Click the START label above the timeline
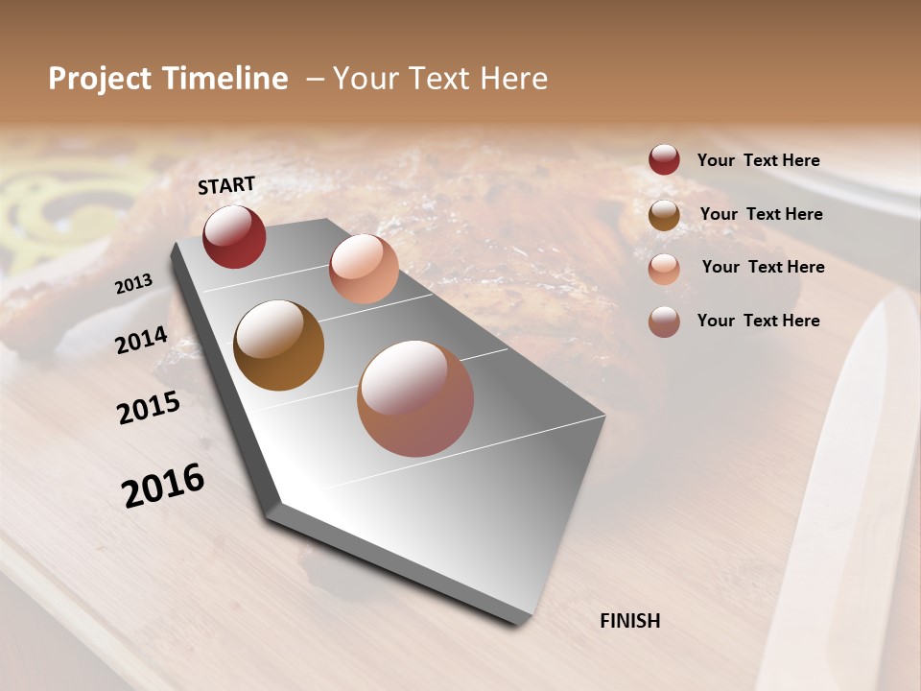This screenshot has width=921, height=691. tap(226, 185)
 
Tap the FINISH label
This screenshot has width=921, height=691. tap(629, 621)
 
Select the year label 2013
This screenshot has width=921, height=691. tap(133, 284)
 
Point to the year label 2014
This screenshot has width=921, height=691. tap(141, 341)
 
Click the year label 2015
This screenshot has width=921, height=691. tap(149, 408)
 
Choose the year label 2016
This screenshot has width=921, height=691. tap(163, 486)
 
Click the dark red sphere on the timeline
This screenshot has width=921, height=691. tap(234, 237)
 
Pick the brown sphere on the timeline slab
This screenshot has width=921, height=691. tap(278, 345)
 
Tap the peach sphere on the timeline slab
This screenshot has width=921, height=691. tap(364, 269)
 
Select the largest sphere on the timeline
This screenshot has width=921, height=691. tap(415, 398)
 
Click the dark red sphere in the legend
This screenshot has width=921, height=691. tap(664, 160)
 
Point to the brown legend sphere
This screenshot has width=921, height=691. tap(664, 215)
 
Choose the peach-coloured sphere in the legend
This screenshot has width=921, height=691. tap(664, 268)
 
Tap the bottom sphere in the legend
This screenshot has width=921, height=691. tap(664, 322)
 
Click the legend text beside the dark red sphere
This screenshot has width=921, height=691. tap(758, 160)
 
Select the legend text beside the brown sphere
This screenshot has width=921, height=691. tap(761, 214)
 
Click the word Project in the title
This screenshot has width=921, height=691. tap(100, 79)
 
